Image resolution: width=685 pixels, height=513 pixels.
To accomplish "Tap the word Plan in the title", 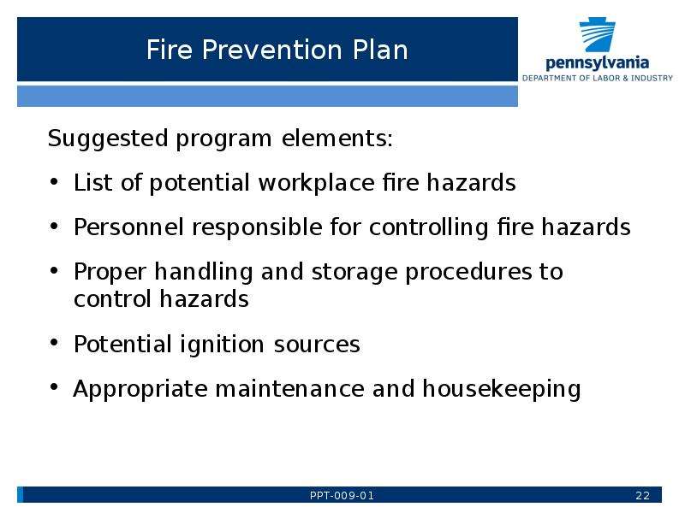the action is pyautogui.click(x=380, y=50).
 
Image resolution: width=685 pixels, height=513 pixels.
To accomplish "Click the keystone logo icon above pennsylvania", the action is pyautogui.click(x=597, y=35).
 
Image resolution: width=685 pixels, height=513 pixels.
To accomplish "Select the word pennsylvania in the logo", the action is pyautogui.click(x=597, y=62).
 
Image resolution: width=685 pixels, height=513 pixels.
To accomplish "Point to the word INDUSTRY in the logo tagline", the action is pyautogui.click(x=652, y=78).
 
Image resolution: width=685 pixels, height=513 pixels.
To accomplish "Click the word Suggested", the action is pyautogui.click(x=108, y=139).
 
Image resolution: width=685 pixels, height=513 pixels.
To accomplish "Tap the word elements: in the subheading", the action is pyautogui.click(x=337, y=139).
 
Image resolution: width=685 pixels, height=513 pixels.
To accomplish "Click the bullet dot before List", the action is pyautogui.click(x=54, y=181).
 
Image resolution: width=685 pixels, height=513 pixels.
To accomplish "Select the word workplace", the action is pyautogui.click(x=317, y=183).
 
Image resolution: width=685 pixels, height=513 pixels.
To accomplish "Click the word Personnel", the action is pyautogui.click(x=128, y=227).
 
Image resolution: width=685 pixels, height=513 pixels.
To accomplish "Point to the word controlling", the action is pyautogui.click(x=428, y=227).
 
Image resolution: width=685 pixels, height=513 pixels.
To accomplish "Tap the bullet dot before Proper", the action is pyautogui.click(x=54, y=270).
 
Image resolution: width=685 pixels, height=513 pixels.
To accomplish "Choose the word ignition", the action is pyautogui.click(x=222, y=345).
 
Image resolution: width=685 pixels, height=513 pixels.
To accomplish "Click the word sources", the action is pyautogui.click(x=317, y=345).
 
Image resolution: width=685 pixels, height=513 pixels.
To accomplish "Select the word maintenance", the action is pyautogui.click(x=289, y=389).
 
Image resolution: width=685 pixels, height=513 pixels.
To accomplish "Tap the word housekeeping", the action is pyautogui.click(x=502, y=389).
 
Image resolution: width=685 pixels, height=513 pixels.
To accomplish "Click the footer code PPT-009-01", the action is pyautogui.click(x=342, y=496).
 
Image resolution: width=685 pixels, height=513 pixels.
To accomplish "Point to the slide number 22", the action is pyautogui.click(x=643, y=496).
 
